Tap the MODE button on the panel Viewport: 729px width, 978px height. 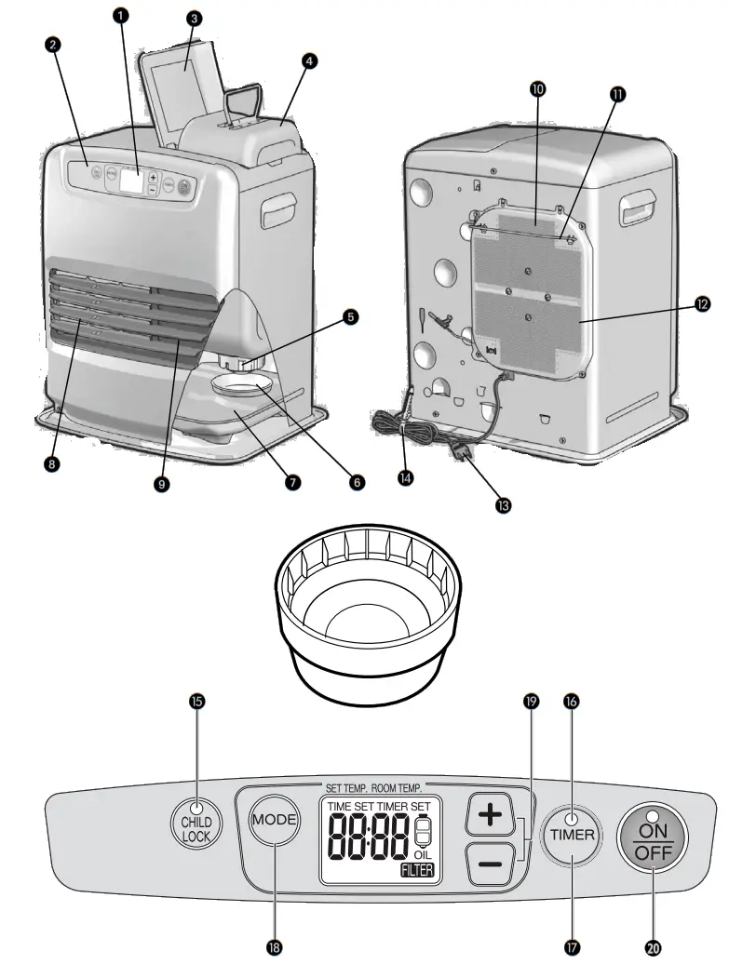275,821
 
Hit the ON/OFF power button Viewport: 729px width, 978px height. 652,836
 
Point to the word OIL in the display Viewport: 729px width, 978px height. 422,854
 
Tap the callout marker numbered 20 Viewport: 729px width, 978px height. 652,946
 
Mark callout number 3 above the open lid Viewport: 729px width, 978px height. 194,18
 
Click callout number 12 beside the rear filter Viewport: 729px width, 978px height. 701,303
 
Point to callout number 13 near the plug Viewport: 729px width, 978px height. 504,505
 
